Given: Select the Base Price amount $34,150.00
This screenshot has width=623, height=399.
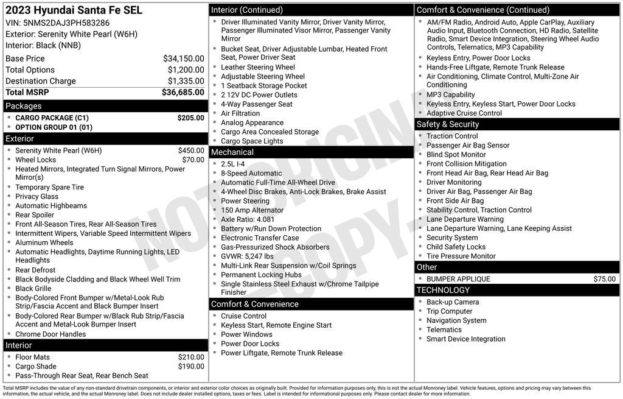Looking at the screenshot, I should point(183,58).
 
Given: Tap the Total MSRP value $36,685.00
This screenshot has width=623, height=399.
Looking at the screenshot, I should point(183,92).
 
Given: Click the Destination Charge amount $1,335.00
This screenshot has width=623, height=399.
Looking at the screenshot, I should point(186,81).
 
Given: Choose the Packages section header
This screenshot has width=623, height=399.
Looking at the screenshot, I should point(24,106).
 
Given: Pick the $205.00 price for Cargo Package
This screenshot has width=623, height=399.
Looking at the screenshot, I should point(190,118).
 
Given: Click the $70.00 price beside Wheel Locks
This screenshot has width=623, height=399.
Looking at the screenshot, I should point(193,160).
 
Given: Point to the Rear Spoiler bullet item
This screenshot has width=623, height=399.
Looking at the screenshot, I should point(35,214).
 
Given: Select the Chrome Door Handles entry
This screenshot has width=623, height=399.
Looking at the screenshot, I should point(50,334).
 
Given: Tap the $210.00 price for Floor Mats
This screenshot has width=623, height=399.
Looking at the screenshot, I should point(191,357).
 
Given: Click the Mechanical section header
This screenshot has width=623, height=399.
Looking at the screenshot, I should point(232,152).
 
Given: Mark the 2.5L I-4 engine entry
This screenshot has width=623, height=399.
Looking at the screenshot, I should point(232,164).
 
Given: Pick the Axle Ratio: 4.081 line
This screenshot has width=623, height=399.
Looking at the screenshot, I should point(248,219).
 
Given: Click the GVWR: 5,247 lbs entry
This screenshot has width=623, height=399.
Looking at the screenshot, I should point(247,256).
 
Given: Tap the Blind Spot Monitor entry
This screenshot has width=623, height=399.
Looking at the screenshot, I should point(456,155).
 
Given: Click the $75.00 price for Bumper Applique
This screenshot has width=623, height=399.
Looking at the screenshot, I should point(604,279).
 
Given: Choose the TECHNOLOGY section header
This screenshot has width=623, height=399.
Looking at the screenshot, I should point(444,290).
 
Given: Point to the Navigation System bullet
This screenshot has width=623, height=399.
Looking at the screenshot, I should point(456,320).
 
